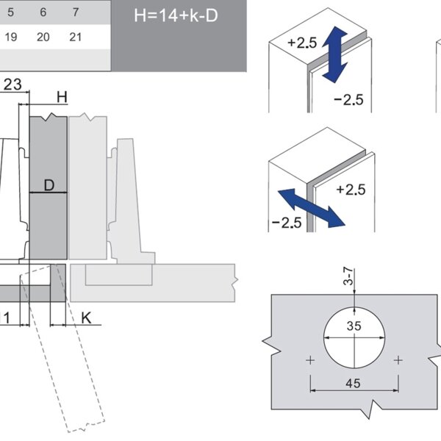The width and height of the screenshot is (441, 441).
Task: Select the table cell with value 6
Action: point(43,13)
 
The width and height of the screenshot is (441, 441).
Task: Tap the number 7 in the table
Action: point(76,13)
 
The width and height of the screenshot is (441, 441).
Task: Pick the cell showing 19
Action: point(11,37)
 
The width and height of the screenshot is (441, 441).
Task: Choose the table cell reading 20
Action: point(43,37)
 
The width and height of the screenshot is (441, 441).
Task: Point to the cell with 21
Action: point(76,37)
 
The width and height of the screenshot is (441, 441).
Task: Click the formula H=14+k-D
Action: point(177,15)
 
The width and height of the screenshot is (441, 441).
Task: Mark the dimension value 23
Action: point(12,84)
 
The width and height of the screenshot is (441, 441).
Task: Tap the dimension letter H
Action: point(62,97)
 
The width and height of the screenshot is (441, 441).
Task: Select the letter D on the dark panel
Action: point(49,185)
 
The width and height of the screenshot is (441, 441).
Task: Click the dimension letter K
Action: point(86,318)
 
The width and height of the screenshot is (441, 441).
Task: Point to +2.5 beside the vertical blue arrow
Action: point(302,43)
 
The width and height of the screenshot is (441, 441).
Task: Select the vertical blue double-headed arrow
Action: point(334,52)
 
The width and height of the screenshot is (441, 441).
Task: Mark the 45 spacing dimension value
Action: point(354,382)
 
